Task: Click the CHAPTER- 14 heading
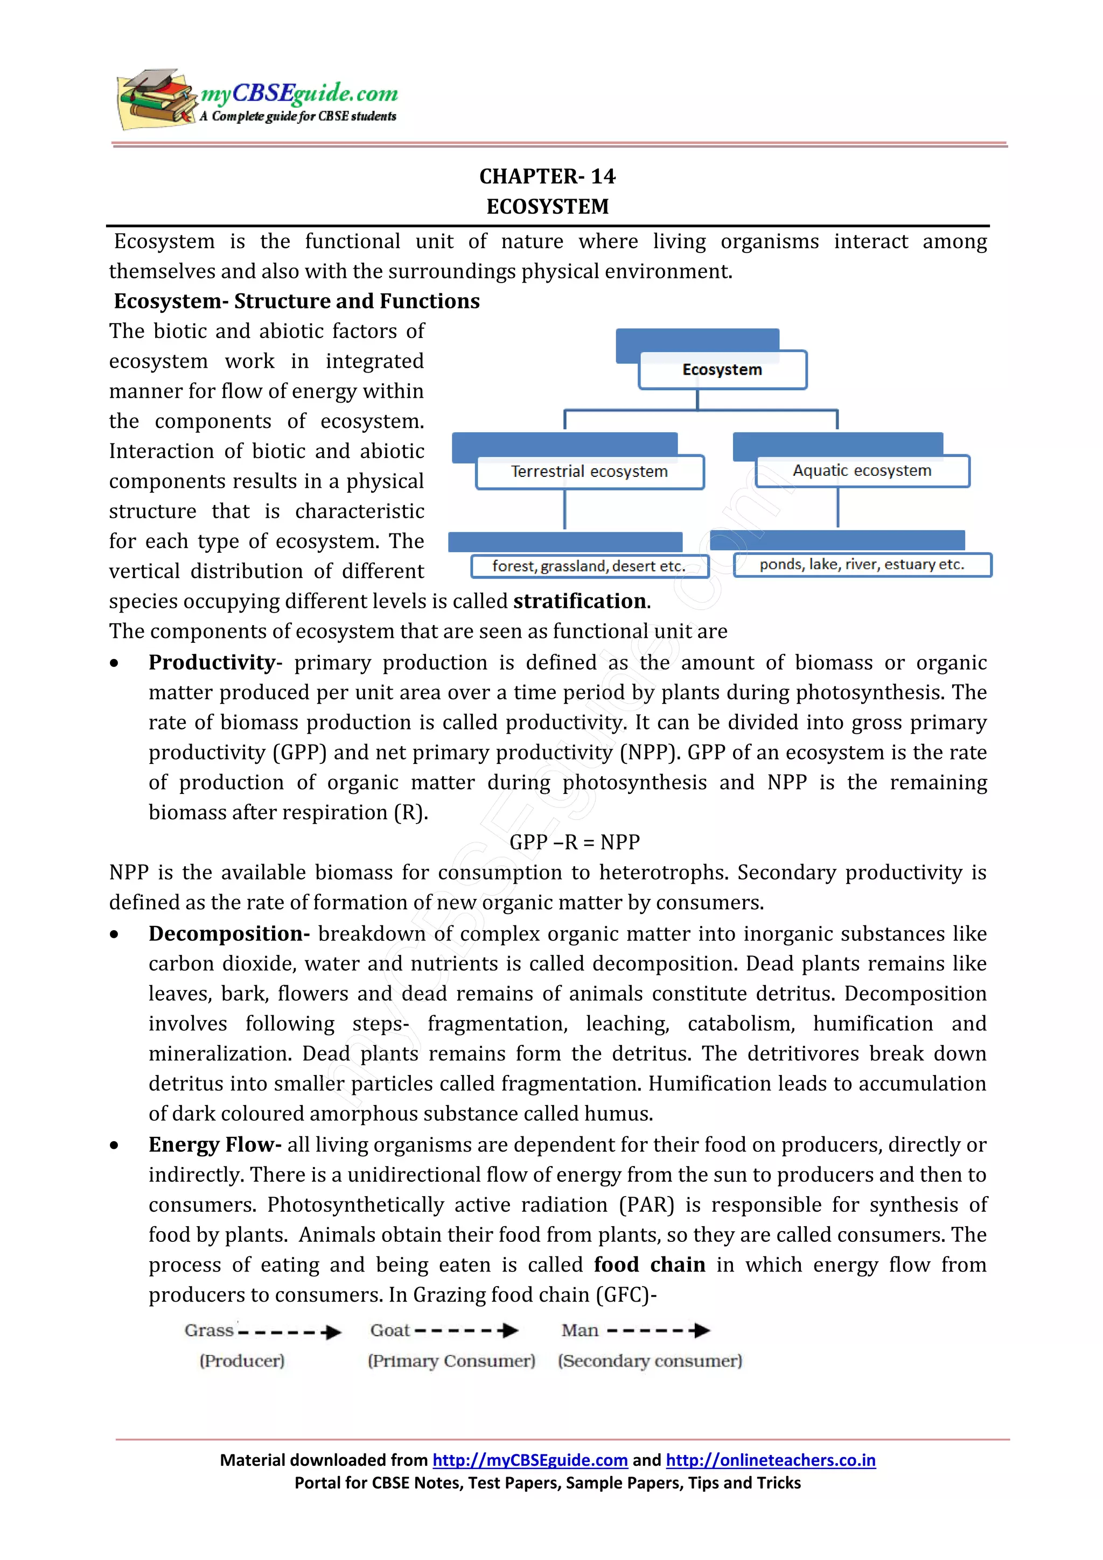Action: (x=547, y=177)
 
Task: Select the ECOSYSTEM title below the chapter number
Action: (x=547, y=207)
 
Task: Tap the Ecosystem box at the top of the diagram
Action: (x=722, y=370)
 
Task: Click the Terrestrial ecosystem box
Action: (x=589, y=472)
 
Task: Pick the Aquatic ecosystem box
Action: (x=862, y=471)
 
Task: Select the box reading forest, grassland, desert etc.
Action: (x=589, y=566)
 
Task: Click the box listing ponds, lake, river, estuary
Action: (x=862, y=565)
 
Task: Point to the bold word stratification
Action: (x=580, y=601)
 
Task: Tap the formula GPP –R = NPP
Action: (x=574, y=842)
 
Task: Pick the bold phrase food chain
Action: (x=649, y=1264)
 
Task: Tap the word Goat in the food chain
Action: (x=389, y=1330)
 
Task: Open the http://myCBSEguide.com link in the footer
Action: (x=529, y=1460)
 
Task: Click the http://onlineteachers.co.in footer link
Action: (x=770, y=1460)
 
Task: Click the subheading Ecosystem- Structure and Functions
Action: (x=296, y=301)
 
